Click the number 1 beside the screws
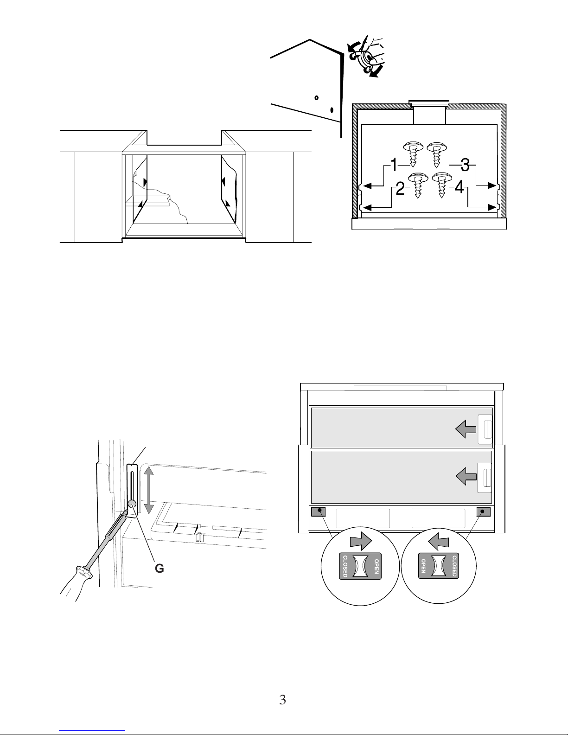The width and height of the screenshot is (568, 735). [x=394, y=165]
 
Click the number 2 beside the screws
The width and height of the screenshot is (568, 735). [x=400, y=188]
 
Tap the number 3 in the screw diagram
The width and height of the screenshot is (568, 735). [x=465, y=165]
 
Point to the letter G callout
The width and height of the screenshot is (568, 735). [x=159, y=569]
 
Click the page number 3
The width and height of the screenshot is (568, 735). [x=283, y=700]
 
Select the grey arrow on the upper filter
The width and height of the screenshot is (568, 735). [x=466, y=429]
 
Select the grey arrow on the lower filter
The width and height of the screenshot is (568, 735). [x=466, y=477]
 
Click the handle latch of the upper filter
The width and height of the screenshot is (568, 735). [x=485, y=429]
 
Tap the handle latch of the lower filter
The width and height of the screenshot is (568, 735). [x=485, y=478]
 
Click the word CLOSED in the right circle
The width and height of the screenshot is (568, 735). [x=454, y=566]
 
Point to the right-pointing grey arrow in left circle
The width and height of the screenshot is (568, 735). [x=361, y=542]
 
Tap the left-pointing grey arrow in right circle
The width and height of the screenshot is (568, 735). [x=439, y=542]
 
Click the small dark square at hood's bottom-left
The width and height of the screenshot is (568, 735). [x=318, y=512]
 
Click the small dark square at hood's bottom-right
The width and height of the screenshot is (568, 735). [x=484, y=512]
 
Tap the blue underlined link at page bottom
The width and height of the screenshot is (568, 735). [x=92, y=730]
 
